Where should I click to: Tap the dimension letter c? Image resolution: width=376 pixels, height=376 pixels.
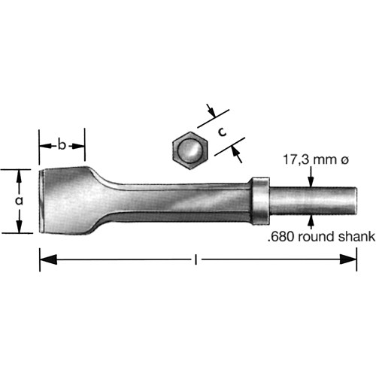[x=223, y=131]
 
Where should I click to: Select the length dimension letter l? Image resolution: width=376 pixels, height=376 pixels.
[x=196, y=260]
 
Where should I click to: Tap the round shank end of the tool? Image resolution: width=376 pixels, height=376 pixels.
[x=349, y=201]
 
